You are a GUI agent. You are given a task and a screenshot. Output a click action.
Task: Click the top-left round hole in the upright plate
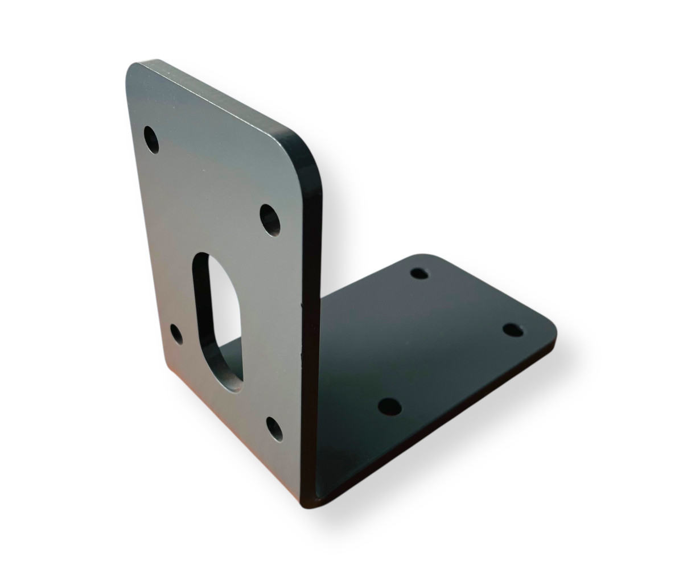[151, 139]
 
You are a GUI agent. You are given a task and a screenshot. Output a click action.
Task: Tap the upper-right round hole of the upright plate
[270, 220]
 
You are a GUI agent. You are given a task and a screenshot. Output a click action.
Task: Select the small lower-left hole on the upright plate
[177, 334]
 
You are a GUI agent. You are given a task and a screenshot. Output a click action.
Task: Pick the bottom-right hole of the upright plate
[274, 429]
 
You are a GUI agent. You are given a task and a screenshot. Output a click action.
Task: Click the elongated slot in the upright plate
[219, 321]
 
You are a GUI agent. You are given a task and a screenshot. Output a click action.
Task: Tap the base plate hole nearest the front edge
[390, 407]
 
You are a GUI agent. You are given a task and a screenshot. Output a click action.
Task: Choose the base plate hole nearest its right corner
[513, 329]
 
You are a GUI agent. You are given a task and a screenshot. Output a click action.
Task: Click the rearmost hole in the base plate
[419, 273]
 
